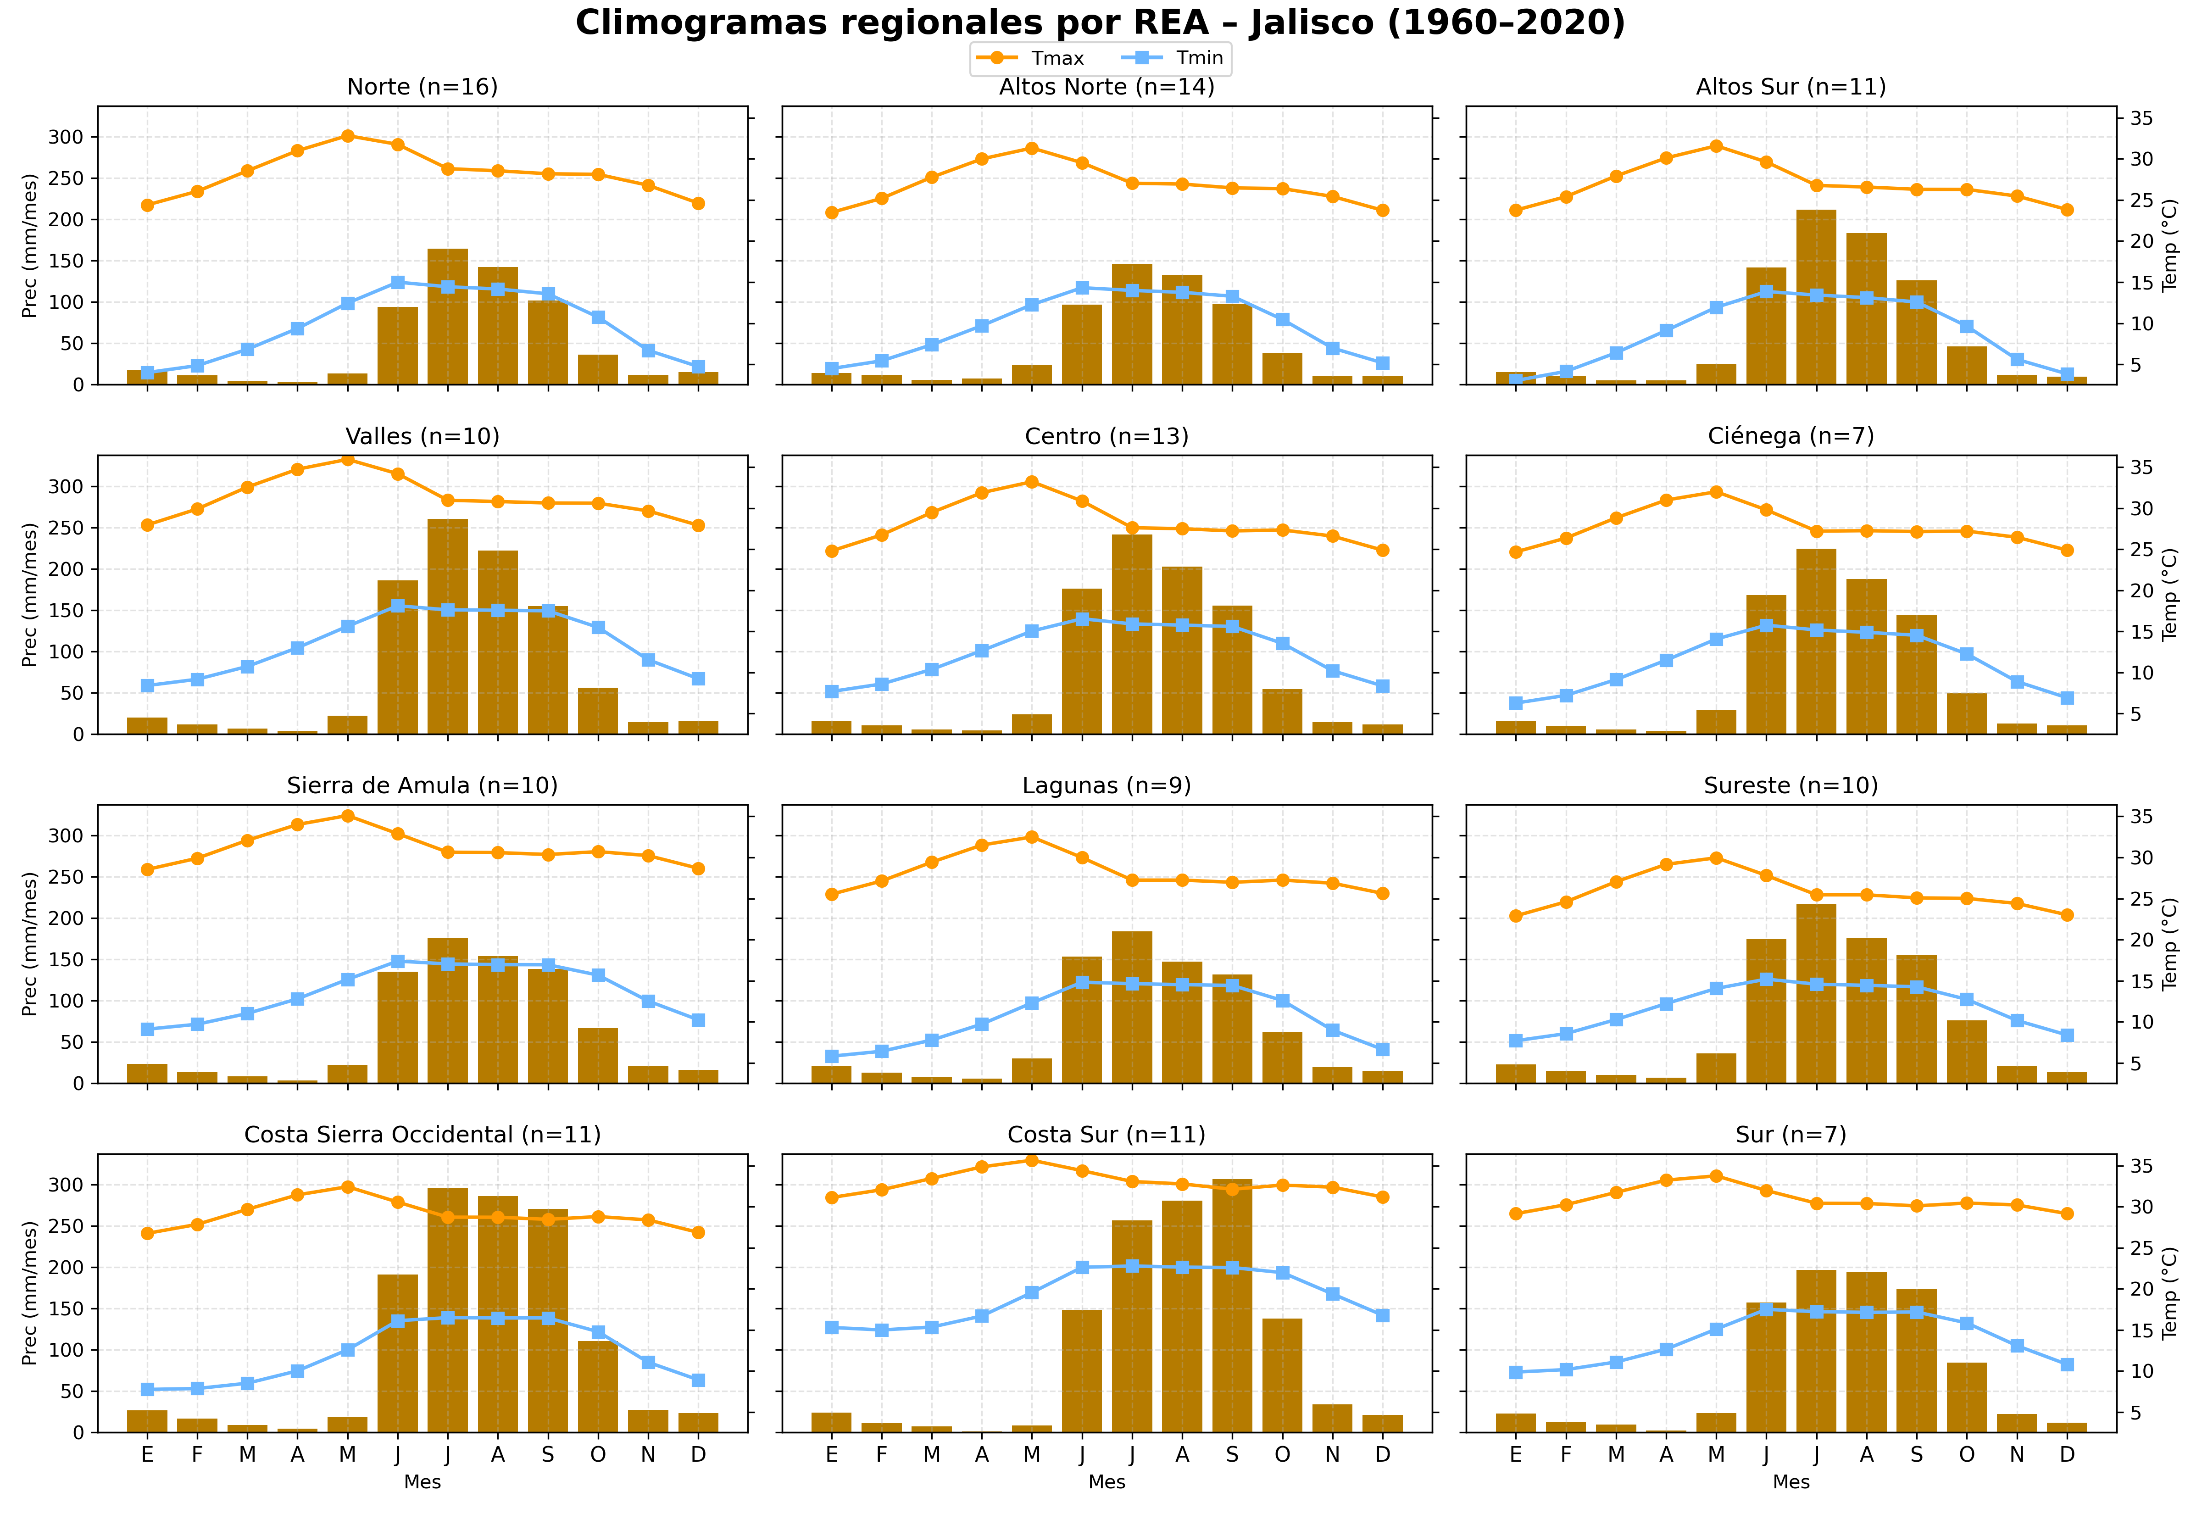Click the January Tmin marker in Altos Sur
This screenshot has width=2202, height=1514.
click(1515, 379)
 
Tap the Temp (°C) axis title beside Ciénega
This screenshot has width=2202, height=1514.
click(2170, 595)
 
